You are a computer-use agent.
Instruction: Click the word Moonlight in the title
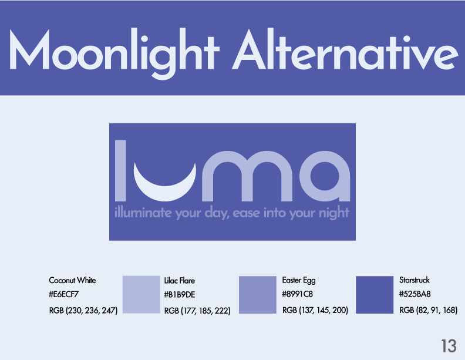coord(114,53)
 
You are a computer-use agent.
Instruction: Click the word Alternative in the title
coord(345,50)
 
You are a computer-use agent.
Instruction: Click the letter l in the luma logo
coord(120,171)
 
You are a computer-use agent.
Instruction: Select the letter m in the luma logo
coord(247,176)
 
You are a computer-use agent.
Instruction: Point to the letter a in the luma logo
coord(325,176)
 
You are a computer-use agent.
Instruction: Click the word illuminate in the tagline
coord(143,213)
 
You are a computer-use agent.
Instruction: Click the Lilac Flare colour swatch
coord(141,294)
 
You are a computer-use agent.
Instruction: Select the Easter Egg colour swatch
coord(257,295)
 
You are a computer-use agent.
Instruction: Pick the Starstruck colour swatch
coord(375,295)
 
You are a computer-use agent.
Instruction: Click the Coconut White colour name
coord(72,280)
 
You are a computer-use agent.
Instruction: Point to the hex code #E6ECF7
coord(64,294)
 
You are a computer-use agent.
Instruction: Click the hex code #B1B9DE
coord(180,294)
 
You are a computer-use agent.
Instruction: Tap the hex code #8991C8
coord(297,294)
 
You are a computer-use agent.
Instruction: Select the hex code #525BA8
coord(415,294)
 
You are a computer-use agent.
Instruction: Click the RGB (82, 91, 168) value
coord(428,310)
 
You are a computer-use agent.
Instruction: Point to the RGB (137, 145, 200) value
coord(315,310)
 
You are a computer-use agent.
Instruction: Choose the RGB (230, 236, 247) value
coord(83,311)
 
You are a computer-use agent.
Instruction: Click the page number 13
coord(449,346)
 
